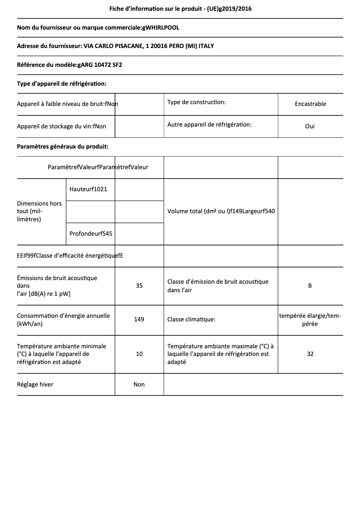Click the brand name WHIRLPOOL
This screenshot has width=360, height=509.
click(x=161, y=28)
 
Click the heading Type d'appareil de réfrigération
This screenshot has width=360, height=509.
click(x=61, y=83)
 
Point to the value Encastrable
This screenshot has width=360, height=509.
click(x=310, y=104)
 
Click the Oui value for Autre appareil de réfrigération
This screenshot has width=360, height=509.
click(x=310, y=126)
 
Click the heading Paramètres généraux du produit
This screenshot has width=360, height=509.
click(x=62, y=146)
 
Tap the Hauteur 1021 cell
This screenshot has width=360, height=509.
click(x=88, y=189)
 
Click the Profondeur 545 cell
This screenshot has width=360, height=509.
click(x=91, y=233)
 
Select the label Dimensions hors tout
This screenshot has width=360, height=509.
click(x=39, y=211)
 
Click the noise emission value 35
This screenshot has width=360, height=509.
click(x=139, y=285)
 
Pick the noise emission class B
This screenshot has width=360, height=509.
click(x=310, y=285)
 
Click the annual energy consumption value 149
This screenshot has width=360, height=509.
click(x=139, y=320)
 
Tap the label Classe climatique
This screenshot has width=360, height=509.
click(x=191, y=320)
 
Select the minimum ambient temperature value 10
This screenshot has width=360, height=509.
click(x=139, y=354)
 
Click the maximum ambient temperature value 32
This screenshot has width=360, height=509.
click(x=310, y=354)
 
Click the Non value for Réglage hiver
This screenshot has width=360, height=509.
click(x=139, y=384)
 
